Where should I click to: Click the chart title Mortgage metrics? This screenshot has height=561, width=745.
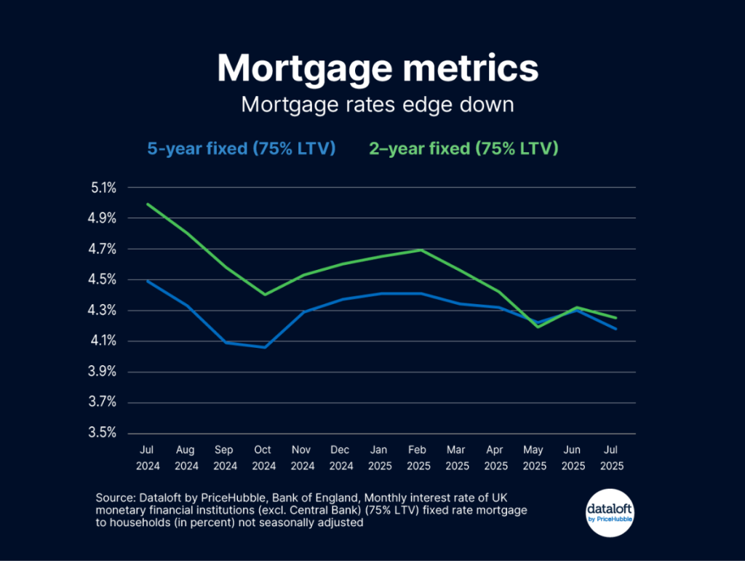(378, 68)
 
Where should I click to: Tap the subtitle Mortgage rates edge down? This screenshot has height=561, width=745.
(378, 104)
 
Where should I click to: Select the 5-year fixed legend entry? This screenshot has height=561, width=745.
(241, 148)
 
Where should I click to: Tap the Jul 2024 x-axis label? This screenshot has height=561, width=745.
(148, 458)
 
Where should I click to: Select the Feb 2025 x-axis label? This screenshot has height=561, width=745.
(418, 458)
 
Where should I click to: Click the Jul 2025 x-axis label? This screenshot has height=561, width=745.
(612, 458)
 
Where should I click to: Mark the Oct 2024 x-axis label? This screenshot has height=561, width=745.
(264, 458)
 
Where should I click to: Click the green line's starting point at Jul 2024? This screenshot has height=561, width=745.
(148, 204)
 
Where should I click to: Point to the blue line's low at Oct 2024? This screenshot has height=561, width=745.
(264, 347)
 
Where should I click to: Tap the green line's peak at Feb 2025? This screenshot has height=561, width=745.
(420, 250)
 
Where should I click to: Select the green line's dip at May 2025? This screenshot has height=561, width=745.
(535, 327)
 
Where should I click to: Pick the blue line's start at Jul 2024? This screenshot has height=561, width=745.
(148, 281)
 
